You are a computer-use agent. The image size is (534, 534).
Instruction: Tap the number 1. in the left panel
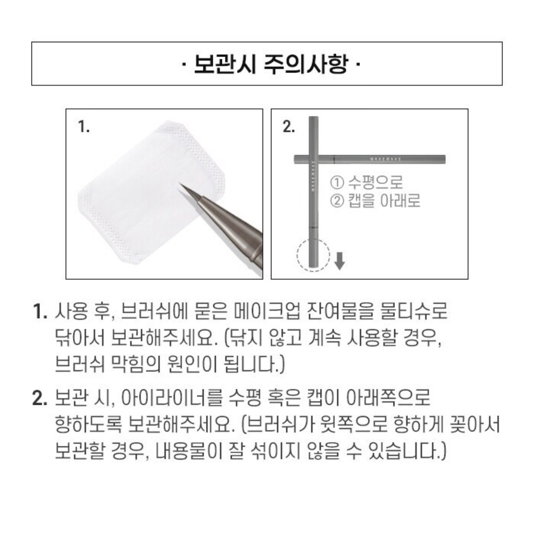tap(84, 127)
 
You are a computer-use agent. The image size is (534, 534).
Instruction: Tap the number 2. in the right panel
tap(288, 127)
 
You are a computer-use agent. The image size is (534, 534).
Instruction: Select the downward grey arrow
tap(339, 260)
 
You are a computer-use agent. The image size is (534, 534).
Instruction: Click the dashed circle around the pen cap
tap(314, 254)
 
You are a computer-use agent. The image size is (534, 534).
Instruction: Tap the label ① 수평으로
tap(367, 183)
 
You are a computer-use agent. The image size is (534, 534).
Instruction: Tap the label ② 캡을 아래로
tap(375, 201)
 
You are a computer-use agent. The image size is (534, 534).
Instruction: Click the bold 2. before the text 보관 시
tap(40, 399)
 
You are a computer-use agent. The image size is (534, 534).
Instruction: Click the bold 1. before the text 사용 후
tap(40, 313)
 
